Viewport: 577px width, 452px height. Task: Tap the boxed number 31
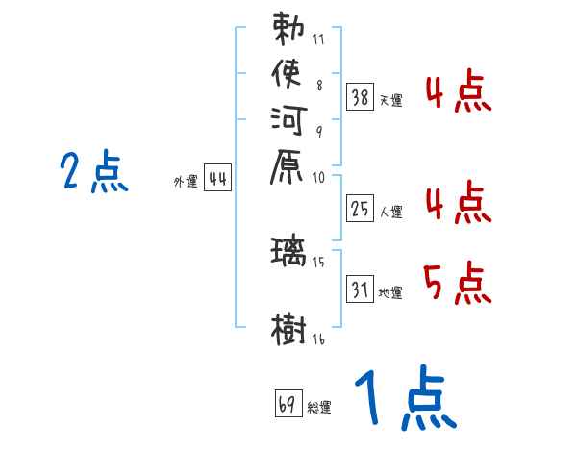click(x=360, y=288)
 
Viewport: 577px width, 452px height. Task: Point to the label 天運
click(x=390, y=99)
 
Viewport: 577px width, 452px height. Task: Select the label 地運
click(x=390, y=291)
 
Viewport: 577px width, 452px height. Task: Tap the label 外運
click(x=185, y=181)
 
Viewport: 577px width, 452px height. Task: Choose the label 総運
click(x=319, y=407)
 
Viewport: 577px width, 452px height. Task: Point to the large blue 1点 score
click(x=404, y=398)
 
